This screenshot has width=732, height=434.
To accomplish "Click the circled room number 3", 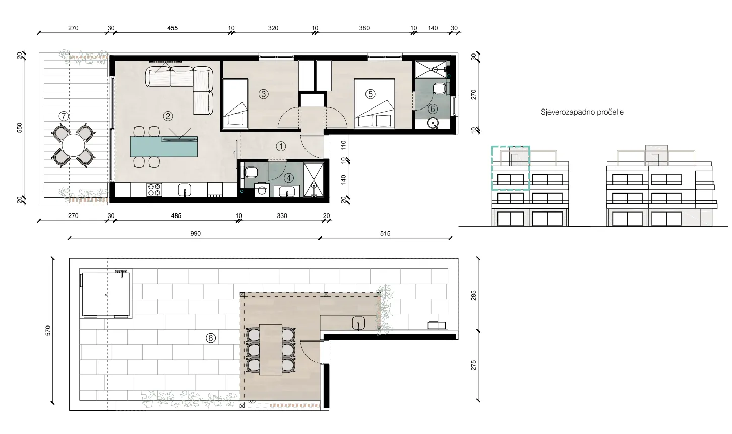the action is [263, 94].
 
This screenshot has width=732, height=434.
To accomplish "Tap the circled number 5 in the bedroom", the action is [370, 94].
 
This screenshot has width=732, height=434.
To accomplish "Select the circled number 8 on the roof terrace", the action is [210, 338].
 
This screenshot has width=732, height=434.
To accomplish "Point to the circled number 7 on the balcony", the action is [64, 116].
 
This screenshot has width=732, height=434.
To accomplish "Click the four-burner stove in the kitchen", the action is [154, 190].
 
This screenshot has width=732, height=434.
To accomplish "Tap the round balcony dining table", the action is [74, 145].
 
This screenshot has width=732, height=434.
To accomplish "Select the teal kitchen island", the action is [164, 147].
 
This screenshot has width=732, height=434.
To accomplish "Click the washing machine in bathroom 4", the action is [261, 191].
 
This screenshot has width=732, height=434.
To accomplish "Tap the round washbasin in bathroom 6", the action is [433, 123].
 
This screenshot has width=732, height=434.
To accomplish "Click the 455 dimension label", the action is [172, 28].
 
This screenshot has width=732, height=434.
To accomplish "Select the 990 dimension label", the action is [196, 234].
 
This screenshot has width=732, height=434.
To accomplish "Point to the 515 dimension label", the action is [385, 234].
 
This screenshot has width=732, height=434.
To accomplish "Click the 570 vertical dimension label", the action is [48, 331].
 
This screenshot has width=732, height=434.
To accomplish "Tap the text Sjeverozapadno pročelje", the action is [582, 112].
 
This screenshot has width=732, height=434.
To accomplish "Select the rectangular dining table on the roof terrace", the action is [271, 350].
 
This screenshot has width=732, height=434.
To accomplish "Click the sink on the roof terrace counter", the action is [358, 323].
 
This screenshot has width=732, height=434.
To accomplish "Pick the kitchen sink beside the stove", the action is [185, 190].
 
